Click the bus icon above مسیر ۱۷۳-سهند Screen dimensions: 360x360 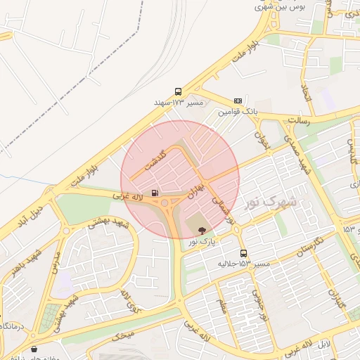[x=178, y=91]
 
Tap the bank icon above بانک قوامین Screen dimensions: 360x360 [x=238, y=101]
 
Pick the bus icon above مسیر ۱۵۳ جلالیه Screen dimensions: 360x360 [x=243, y=253]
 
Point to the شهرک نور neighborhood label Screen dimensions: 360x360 [x=270, y=202]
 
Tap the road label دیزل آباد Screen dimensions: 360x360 [x=31, y=211]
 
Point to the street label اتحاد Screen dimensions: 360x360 [x=305, y=92]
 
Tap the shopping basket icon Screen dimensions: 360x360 [x=34, y=349]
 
